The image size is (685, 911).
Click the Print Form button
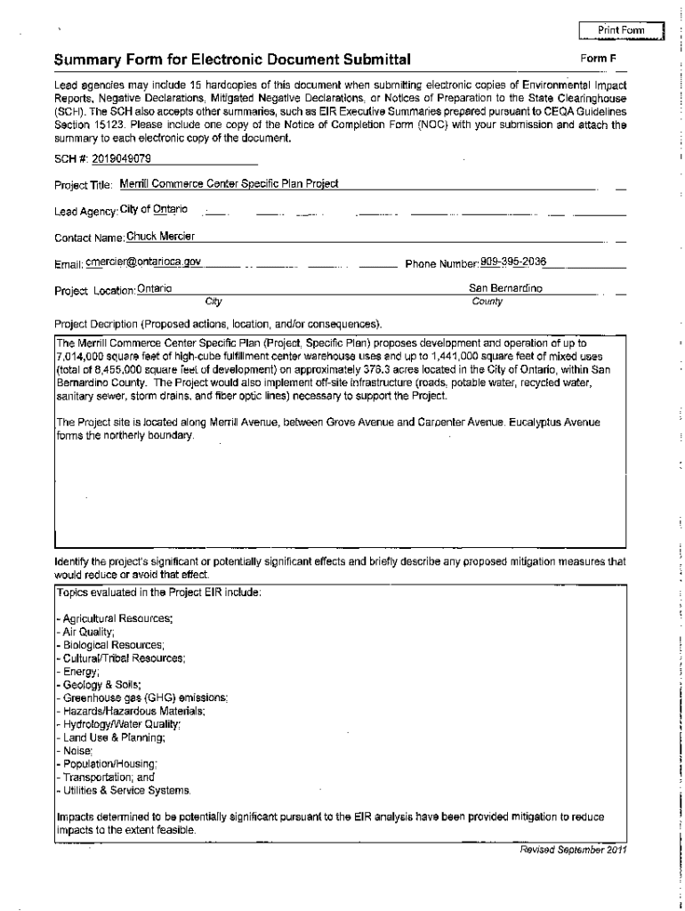[x=621, y=31]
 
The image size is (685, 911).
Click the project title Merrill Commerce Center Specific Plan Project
[x=229, y=184]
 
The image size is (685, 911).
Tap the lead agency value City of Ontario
[x=154, y=209]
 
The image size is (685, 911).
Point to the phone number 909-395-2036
[x=513, y=262]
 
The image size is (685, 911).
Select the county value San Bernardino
[x=505, y=288]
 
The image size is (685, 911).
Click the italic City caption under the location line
[x=214, y=302]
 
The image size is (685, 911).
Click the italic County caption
[x=488, y=302]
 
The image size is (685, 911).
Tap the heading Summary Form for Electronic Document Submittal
[x=232, y=60]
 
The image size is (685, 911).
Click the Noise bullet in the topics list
[x=75, y=751]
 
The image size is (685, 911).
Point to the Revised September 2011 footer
[x=574, y=849]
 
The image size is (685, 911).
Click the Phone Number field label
[x=442, y=263]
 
